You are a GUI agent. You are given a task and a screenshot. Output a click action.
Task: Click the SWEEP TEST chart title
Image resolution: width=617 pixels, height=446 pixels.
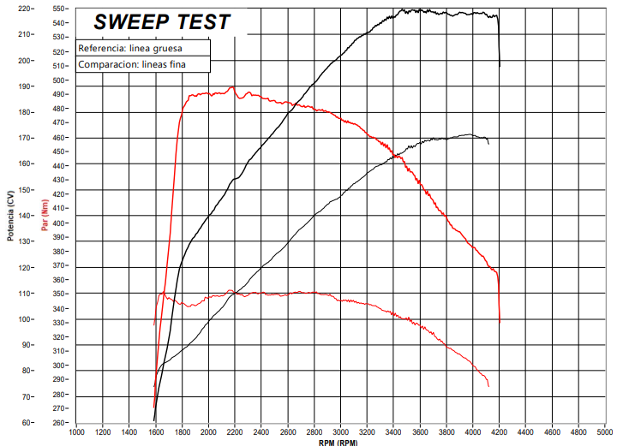[x=161, y=21]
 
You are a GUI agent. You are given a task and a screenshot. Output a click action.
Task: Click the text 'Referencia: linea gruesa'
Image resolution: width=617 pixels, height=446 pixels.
[x=130, y=48]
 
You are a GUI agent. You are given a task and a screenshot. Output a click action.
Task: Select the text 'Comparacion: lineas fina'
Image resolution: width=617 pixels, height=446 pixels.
[x=131, y=64]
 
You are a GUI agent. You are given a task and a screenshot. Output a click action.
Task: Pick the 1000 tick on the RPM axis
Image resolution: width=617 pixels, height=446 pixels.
[x=77, y=431]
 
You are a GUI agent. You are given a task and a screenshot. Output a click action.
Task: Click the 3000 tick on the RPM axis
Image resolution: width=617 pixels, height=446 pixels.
[x=341, y=431]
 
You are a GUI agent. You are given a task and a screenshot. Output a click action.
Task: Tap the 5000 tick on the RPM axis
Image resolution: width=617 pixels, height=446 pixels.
[x=605, y=431]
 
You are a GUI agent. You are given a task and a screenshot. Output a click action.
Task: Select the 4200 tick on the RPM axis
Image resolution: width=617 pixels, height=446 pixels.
[x=500, y=431]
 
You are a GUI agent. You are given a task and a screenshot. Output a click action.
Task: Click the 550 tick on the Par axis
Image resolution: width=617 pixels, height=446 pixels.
[x=59, y=9]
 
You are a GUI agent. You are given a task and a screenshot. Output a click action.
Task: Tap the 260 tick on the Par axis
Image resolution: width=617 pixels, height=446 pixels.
[x=59, y=422]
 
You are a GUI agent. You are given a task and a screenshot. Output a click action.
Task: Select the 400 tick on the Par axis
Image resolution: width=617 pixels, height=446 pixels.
[x=59, y=223]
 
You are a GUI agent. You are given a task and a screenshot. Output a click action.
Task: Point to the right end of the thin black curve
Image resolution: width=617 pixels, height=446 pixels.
[x=488, y=143]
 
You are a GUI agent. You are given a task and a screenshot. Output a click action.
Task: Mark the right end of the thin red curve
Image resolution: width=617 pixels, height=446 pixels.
[x=489, y=386]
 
